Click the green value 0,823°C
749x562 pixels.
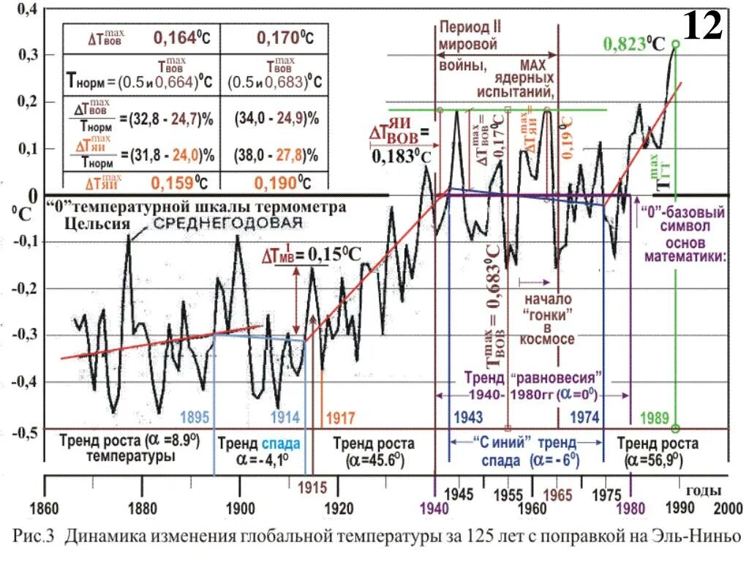click(633, 43)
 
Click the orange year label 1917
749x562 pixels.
click(340, 418)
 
